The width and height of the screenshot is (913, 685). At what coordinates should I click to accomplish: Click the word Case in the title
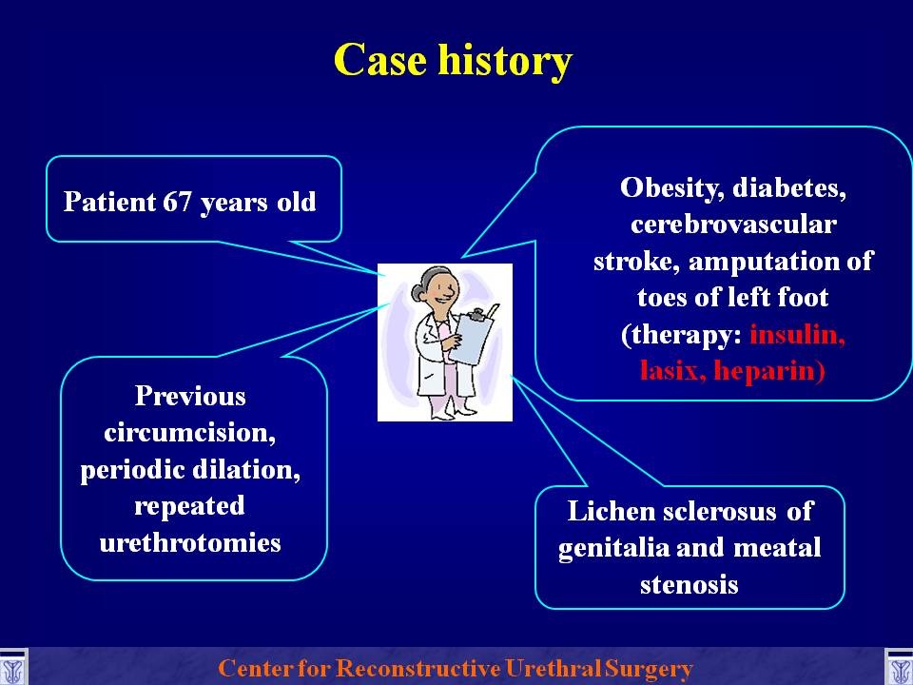tap(379, 59)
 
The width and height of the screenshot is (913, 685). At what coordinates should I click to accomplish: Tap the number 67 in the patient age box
tap(177, 202)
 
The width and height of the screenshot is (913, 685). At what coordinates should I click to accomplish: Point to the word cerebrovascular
tap(733, 225)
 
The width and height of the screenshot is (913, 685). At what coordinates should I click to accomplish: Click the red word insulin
tap(797, 335)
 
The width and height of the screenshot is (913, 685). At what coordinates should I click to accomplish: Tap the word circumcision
tap(190, 433)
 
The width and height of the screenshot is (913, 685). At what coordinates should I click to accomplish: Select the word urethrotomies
tap(190, 543)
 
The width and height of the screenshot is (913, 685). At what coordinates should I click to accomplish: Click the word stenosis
tap(689, 584)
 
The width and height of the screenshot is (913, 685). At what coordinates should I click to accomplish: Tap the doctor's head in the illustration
tap(437, 285)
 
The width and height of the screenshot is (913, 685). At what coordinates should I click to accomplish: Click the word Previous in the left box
tap(190, 396)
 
